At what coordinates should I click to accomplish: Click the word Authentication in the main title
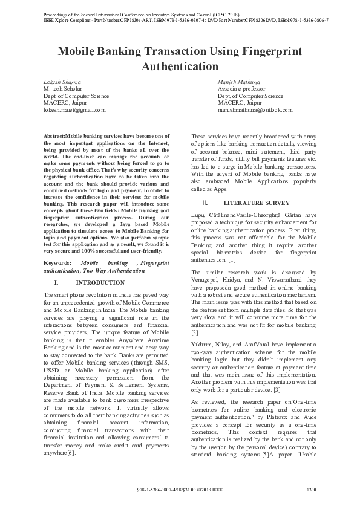pyautogui.click(x=180, y=65)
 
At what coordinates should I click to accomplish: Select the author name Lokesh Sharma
pyautogui.click(x=62, y=82)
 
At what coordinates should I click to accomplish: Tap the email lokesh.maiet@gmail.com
pyautogui.click(x=74, y=110)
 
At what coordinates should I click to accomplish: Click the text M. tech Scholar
pyautogui.click(x=65, y=89)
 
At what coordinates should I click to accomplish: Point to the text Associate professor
pyautogui.click(x=241, y=89)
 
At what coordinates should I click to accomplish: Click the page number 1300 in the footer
pyautogui.click(x=312, y=490)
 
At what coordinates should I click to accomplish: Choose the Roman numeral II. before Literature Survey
pyautogui.click(x=205, y=203)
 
